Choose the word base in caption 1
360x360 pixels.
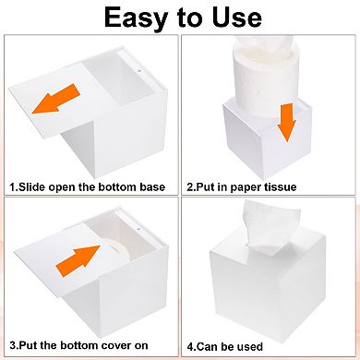click(x=150, y=186)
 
